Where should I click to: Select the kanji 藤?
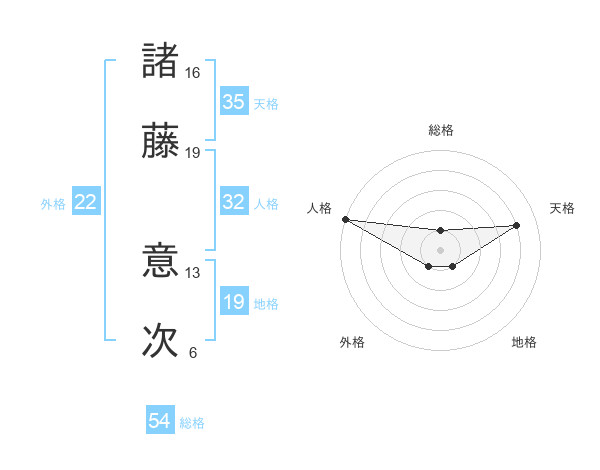pos(162,142)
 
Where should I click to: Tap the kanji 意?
pos(162,261)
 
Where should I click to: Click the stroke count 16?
pos(193,73)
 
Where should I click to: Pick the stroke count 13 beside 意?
pos(193,272)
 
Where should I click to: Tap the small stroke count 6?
pos(193,352)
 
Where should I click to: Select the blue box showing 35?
pos(234,102)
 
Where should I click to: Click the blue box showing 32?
pos(234,202)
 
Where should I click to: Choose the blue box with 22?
pos(86,202)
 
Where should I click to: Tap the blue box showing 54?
pos(160,422)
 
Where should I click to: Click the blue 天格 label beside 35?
pos(266,103)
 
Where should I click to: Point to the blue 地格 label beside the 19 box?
pos(266,303)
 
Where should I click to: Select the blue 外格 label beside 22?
pos(53,203)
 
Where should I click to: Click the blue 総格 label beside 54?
pos(192,423)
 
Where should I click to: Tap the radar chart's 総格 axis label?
pos(441,130)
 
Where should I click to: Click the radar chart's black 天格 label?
pos(562,208)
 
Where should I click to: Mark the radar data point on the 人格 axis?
pos(345,219)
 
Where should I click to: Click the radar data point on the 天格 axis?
pos(517,225)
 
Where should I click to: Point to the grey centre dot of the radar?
pos(441,249)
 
